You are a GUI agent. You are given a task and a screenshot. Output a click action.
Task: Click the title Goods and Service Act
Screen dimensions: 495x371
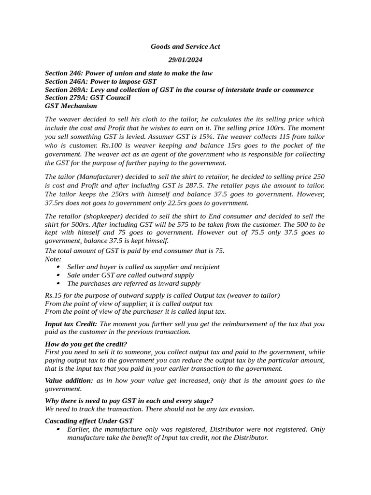tap(185, 46)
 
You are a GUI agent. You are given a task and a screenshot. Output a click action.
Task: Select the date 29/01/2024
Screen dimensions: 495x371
tap(185, 60)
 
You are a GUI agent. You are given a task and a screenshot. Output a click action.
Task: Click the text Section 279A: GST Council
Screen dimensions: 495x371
tap(87, 98)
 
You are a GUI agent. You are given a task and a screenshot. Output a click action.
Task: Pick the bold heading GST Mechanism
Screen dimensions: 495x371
tap(71, 106)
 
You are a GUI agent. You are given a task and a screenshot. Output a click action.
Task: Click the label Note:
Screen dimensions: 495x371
tap(53, 259)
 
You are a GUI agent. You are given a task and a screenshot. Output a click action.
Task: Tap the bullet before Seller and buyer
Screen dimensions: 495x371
tap(58, 267)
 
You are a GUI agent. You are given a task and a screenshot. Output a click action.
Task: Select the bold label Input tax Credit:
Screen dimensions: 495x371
tap(71, 324)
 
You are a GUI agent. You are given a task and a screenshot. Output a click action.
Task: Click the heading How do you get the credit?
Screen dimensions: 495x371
tap(86, 344)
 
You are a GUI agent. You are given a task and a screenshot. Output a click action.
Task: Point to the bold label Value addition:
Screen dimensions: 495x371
tap(69, 380)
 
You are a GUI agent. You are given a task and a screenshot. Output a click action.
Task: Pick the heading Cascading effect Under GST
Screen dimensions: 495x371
tap(89, 421)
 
